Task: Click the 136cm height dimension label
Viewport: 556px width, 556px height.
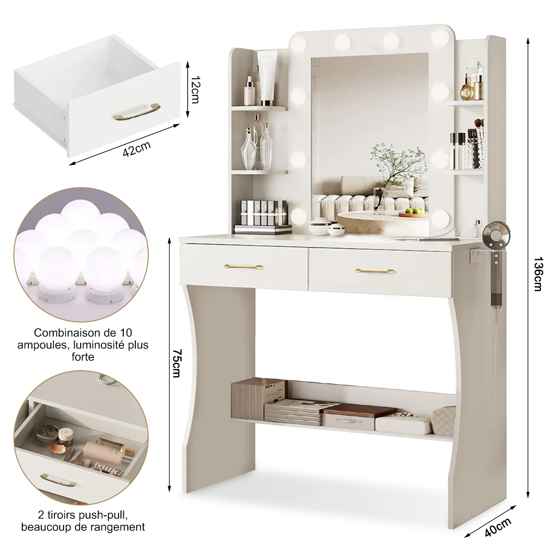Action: [x=537, y=274]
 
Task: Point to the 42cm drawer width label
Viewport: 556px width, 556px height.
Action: [x=137, y=149]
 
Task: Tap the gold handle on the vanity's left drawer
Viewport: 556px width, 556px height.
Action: [x=244, y=266]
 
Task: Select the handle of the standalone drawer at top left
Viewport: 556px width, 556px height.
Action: [x=136, y=112]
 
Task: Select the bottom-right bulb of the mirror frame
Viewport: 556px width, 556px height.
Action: [x=441, y=217]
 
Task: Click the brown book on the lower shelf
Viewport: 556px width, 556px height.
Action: [x=359, y=410]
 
